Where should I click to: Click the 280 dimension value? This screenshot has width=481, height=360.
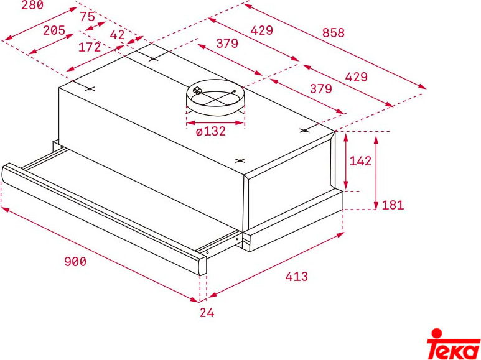click(32, 4)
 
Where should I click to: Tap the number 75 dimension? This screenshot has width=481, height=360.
click(88, 16)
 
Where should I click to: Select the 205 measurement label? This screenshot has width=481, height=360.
click(54, 30)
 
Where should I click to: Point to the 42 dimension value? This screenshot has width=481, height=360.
click(117, 35)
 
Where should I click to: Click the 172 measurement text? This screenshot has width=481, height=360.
click(90, 47)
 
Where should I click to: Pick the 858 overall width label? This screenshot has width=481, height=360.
click(334, 32)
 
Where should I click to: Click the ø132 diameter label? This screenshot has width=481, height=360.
click(211, 131)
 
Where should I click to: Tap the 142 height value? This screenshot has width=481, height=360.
click(360, 160)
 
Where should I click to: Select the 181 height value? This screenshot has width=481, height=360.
click(393, 205)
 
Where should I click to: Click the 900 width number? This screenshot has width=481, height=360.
click(75, 261)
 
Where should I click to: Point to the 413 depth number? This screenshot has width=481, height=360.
click(297, 276)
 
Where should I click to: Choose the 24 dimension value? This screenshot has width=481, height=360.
click(207, 313)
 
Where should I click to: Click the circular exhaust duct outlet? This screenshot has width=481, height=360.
click(215, 98)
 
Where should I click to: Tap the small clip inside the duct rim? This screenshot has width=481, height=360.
click(197, 90)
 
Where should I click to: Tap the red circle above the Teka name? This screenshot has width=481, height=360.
click(437, 334)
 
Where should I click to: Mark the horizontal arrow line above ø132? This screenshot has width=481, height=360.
click(215, 123)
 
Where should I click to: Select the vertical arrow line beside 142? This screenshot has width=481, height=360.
click(346, 162)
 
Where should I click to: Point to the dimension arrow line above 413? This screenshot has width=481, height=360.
click(276, 265)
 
